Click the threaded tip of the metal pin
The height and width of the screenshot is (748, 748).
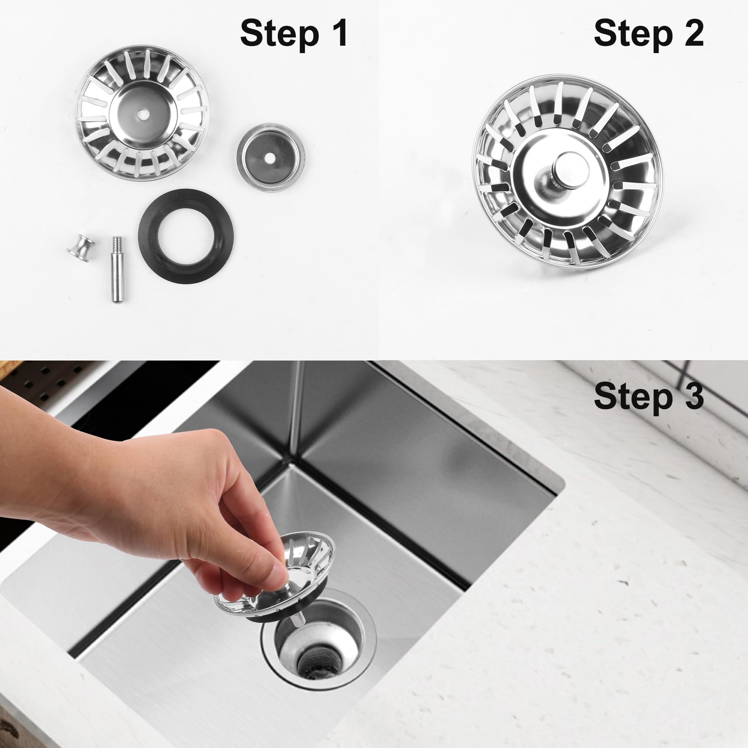coord(117,243)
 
